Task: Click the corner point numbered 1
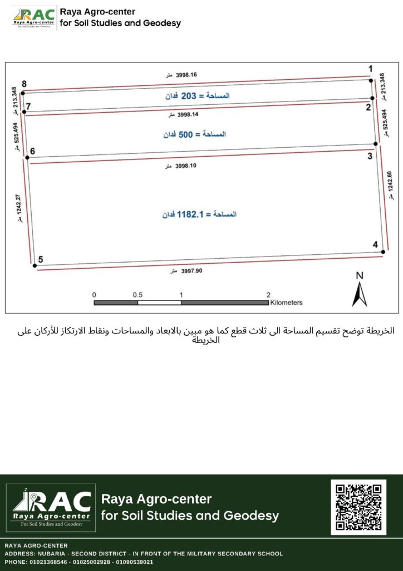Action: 372,80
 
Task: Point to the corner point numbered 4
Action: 383,252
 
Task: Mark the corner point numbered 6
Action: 27,158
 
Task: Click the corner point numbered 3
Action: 376,144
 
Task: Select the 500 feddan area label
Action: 194,135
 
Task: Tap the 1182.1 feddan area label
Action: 199,214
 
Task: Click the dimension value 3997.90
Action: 191,270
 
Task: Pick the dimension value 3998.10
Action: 186,166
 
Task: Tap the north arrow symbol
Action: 359,290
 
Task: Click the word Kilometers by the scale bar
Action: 286,303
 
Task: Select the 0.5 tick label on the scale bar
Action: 137,294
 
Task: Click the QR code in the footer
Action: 358,507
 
